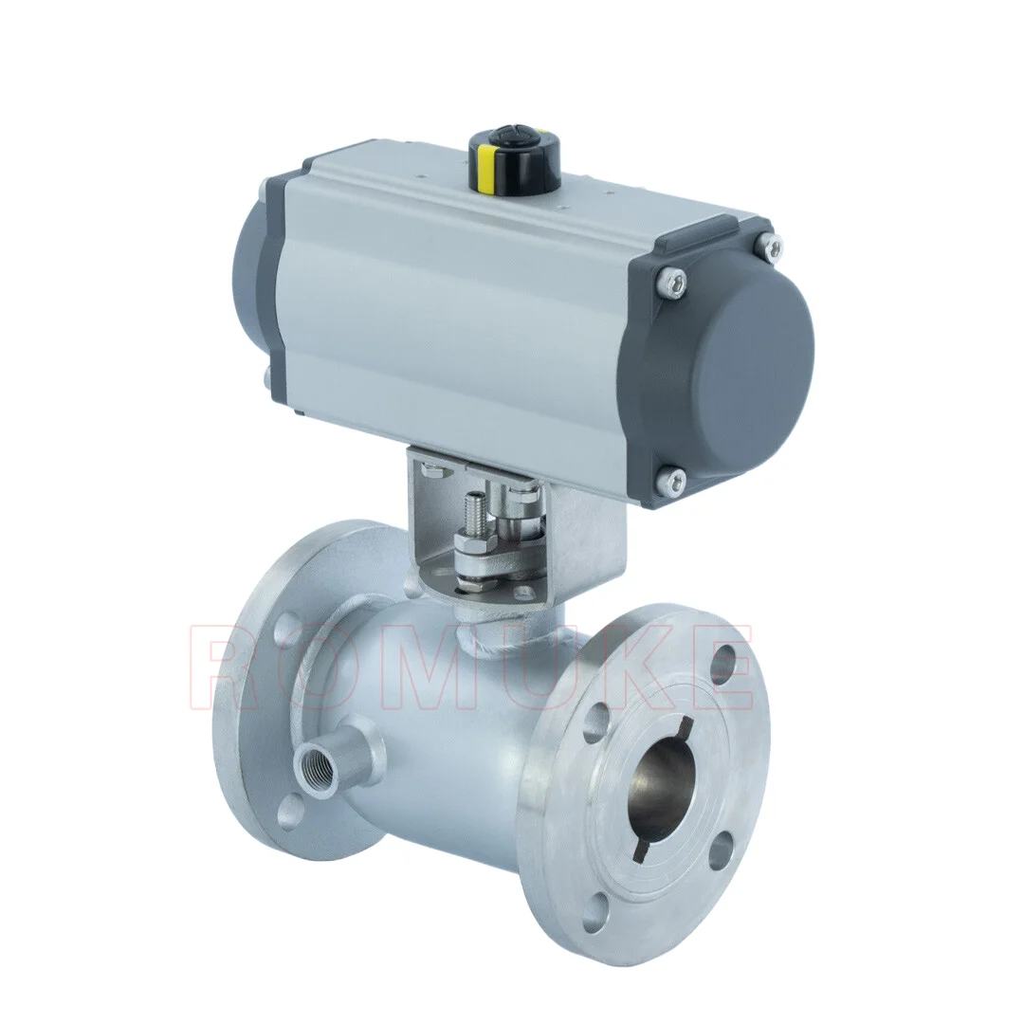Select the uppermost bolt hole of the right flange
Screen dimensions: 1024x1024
tap(724, 662)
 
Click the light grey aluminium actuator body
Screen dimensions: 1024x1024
tap(455, 284)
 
